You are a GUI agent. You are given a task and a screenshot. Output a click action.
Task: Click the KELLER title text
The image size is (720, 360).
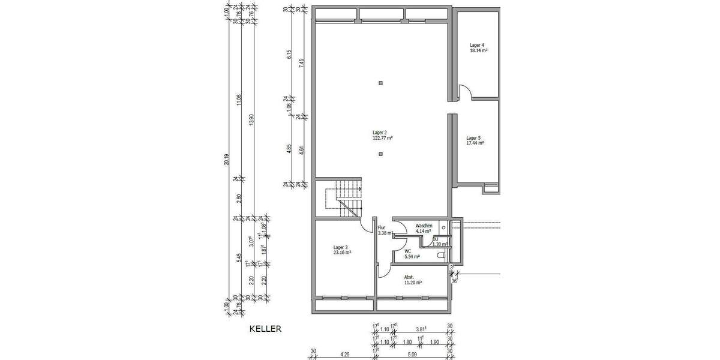click(265, 329)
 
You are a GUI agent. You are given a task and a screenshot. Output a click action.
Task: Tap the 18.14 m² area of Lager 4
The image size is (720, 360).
click(478, 51)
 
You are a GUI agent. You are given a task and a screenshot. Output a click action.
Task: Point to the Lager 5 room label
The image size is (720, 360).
click(474, 137)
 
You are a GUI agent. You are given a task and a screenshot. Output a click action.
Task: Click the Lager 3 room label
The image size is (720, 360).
click(341, 247)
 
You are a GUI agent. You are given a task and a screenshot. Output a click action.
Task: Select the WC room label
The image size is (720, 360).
click(407, 251)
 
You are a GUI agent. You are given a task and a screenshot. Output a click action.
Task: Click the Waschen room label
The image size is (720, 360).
click(424, 226)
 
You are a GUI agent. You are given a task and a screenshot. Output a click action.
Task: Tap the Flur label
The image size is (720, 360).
click(381, 227)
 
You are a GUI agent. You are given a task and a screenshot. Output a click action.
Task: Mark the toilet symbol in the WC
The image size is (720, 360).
click(442, 256)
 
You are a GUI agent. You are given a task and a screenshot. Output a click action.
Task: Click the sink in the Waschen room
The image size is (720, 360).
click(442, 227)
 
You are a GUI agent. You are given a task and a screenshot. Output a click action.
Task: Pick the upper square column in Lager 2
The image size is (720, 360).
click(380, 83)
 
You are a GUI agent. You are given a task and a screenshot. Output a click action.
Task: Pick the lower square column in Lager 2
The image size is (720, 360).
click(380, 154)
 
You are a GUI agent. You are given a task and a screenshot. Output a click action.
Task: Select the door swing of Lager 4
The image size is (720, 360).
click(464, 92)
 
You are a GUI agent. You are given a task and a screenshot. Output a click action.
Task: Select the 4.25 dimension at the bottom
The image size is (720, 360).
click(344, 354)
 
